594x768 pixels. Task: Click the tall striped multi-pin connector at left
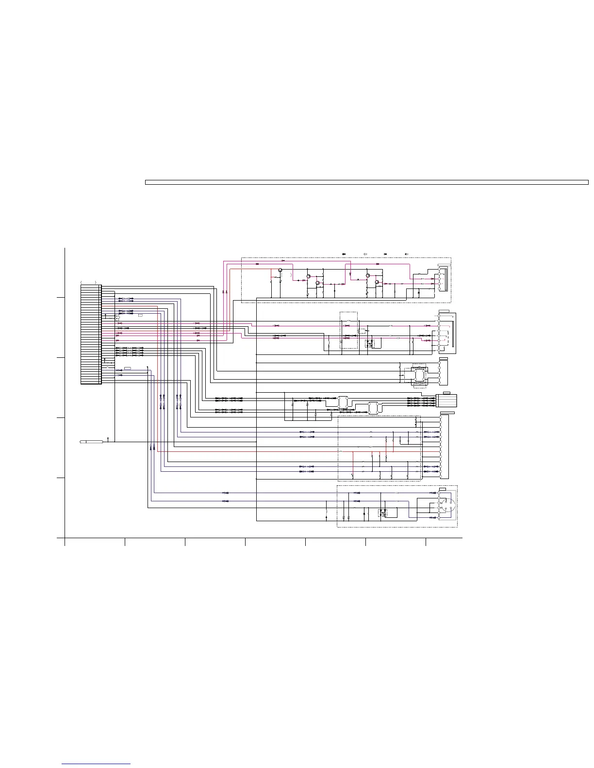[x=91, y=334]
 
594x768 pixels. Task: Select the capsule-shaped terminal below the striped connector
[x=91, y=442]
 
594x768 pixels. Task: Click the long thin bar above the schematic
[x=367, y=182]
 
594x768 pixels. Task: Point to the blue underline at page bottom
[x=97, y=765]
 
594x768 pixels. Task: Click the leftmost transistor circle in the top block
[x=280, y=270]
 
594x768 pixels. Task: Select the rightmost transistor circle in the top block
[x=377, y=282]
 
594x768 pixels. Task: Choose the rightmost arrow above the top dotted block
[x=406, y=254]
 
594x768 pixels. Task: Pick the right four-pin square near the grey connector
[x=373, y=408]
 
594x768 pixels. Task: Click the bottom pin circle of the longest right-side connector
[x=441, y=475]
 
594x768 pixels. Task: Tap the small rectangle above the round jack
[x=443, y=489]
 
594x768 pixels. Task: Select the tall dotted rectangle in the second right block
[x=348, y=330]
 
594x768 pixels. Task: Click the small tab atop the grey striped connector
[x=447, y=393]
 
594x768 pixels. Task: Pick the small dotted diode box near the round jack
[x=383, y=512]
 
